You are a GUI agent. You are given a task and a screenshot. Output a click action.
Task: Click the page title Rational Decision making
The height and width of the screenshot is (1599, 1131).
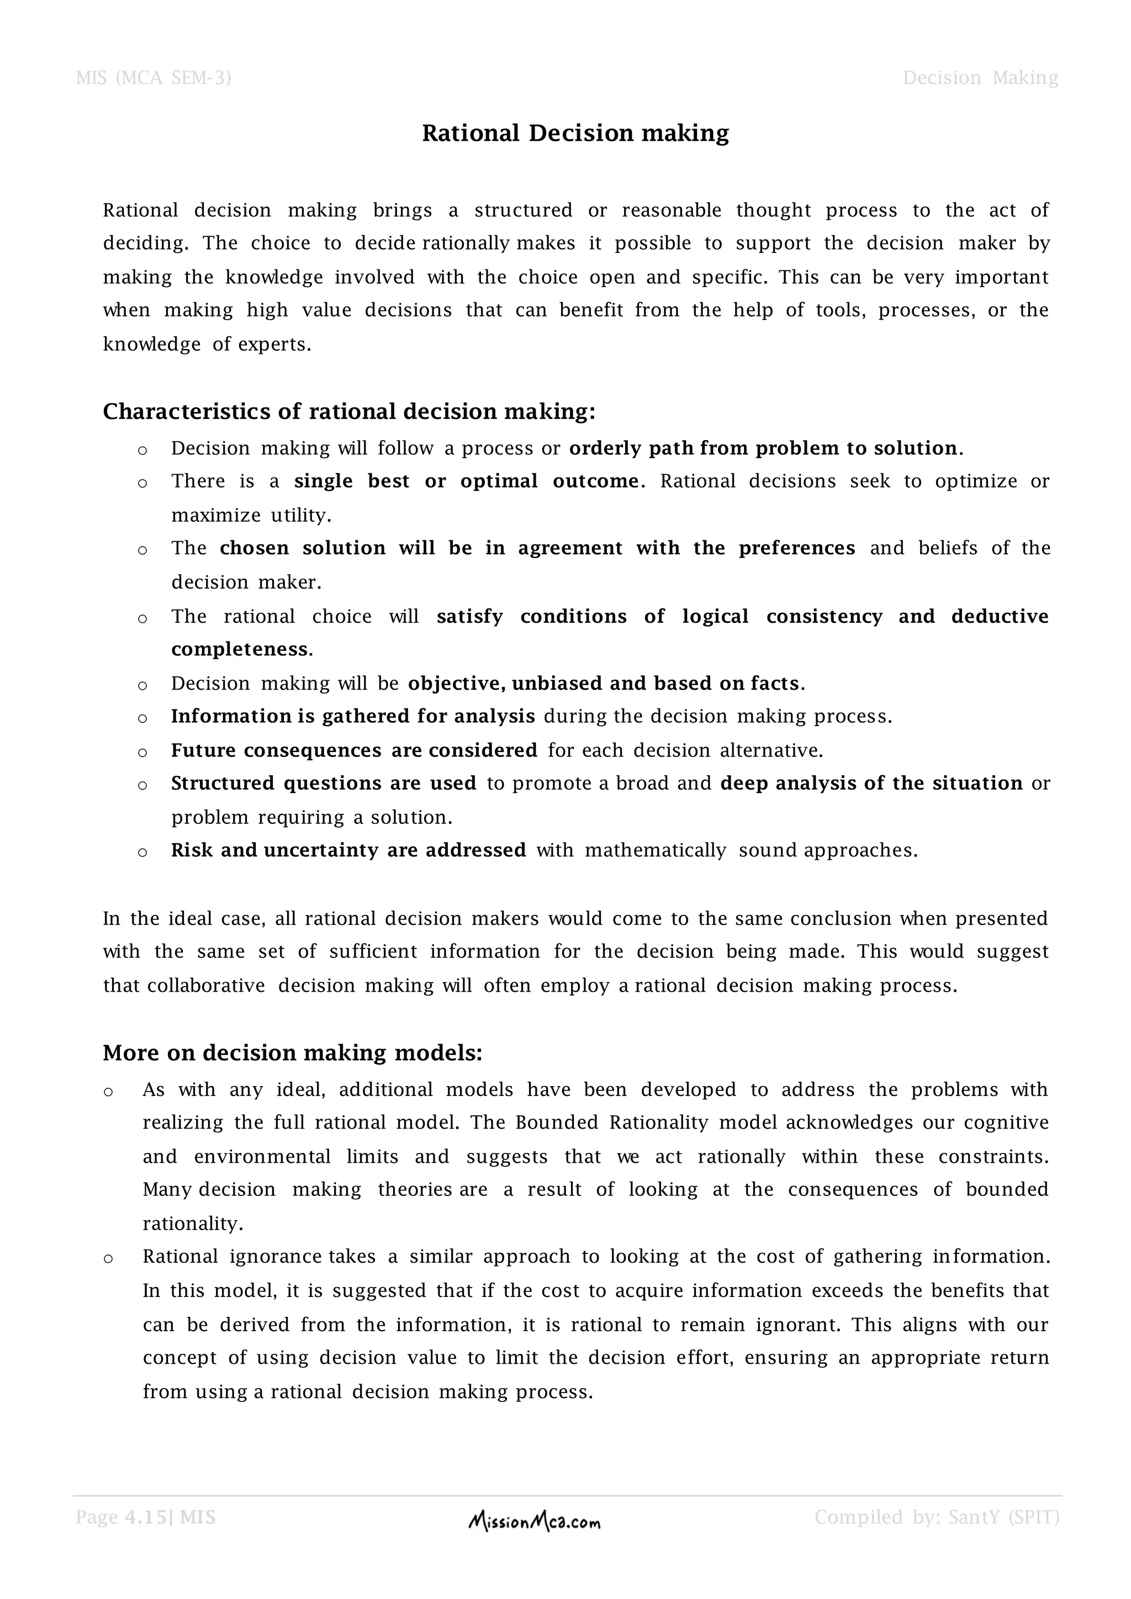[x=575, y=133]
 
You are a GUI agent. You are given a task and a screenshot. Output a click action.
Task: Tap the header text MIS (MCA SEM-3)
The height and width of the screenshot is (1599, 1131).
[x=153, y=77]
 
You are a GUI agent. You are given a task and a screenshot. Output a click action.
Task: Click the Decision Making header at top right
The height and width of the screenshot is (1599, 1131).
[x=980, y=77]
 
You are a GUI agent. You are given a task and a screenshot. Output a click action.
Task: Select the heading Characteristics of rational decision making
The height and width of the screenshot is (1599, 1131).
[x=349, y=411]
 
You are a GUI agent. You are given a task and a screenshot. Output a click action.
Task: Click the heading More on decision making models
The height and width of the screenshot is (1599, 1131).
[x=293, y=1052]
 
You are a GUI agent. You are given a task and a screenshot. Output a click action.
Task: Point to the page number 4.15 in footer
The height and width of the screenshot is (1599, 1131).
[x=146, y=1517]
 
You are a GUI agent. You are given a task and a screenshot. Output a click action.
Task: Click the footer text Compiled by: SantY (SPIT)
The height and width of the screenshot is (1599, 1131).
[x=937, y=1517]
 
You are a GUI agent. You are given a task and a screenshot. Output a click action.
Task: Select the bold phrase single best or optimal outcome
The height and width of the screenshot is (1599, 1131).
[x=466, y=481]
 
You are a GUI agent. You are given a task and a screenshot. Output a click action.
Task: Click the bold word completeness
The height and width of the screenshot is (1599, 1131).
[x=240, y=650]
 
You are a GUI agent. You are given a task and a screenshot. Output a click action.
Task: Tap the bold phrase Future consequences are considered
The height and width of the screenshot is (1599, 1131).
[x=354, y=751]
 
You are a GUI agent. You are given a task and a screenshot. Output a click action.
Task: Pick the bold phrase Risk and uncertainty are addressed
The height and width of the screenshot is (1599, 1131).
[x=348, y=850]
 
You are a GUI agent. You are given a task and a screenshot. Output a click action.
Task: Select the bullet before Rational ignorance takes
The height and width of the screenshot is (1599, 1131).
[x=108, y=1258]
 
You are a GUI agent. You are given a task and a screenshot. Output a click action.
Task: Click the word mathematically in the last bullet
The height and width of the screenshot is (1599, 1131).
[x=656, y=850]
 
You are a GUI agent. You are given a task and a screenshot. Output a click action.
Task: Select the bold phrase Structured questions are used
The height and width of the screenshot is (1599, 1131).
[x=324, y=783]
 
